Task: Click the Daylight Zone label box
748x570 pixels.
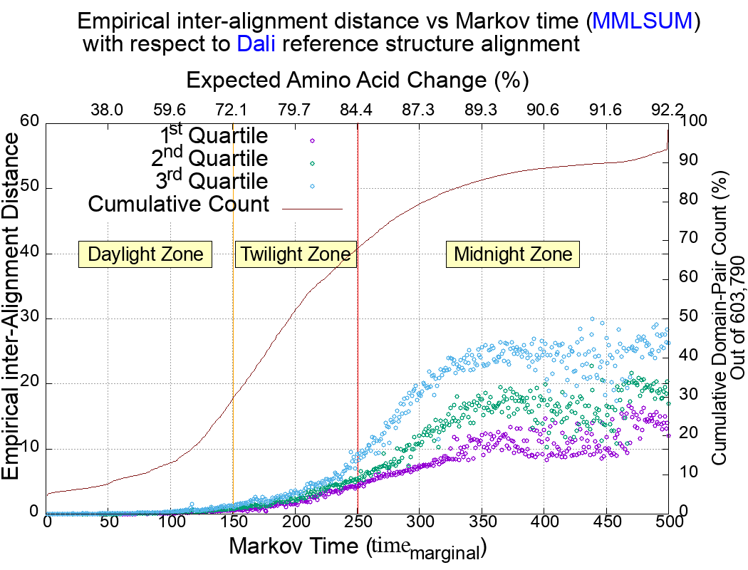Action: [146, 254]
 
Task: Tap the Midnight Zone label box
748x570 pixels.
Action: [513, 254]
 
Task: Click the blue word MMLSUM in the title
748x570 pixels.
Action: [643, 21]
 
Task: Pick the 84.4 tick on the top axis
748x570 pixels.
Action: [357, 110]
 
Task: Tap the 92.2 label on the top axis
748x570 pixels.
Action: [668, 110]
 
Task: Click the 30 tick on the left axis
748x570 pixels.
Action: [31, 318]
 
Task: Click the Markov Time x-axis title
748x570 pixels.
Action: [357, 548]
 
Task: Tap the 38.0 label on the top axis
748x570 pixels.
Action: [108, 110]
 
